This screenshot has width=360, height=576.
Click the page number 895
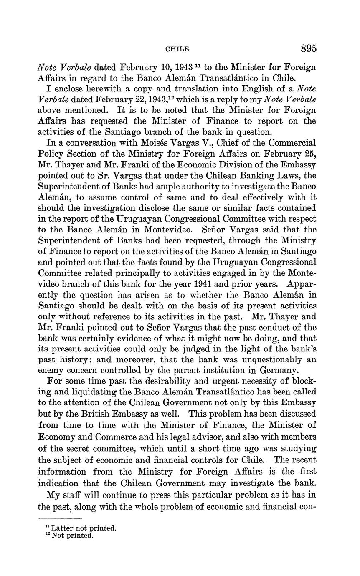point(309,48)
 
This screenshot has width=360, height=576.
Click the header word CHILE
point(177,49)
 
